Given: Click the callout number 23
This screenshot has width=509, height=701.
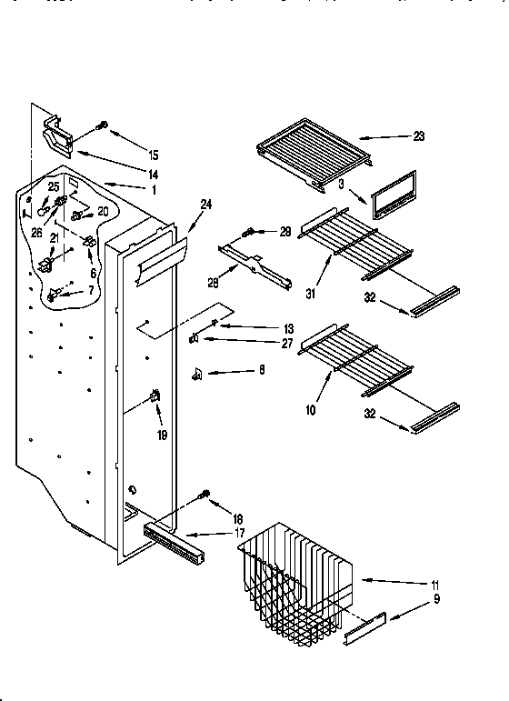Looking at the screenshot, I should click(x=419, y=137).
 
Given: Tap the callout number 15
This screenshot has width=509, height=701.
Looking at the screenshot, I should click(x=154, y=155).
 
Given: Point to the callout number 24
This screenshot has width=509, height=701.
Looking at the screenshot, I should click(x=205, y=205).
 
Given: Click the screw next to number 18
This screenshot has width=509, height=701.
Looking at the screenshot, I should click(x=204, y=496).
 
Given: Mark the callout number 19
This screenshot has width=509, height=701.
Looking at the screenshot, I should click(x=163, y=435).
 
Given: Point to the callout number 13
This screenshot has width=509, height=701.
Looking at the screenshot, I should click(x=264, y=328).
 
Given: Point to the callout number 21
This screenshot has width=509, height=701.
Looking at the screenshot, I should click(x=55, y=238).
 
